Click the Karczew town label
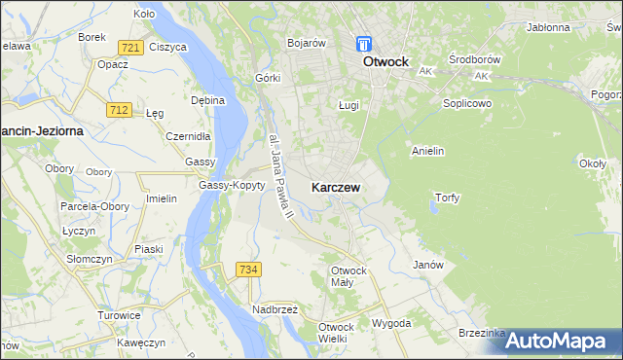coord(338,186)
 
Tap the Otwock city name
coord(391,60)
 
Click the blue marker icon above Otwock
coord(364,45)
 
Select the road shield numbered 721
coord(130,48)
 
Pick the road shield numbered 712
coord(120,111)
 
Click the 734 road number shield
coord(248,269)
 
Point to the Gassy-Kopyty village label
coord(232,185)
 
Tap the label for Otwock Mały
coord(349,275)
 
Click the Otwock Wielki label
coord(333,333)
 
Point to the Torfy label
coord(446,198)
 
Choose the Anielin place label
coord(428,151)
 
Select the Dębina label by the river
coord(208,99)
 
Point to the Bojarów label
coord(306,44)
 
